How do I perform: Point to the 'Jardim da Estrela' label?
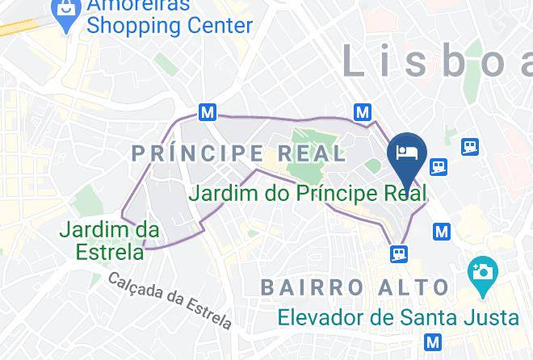pyautogui.click(x=109, y=241)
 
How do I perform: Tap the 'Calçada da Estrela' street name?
pyautogui.click(x=170, y=299)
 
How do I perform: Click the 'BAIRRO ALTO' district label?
pyautogui.click(x=355, y=287)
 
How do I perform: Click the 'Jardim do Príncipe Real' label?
pyautogui.click(x=307, y=194)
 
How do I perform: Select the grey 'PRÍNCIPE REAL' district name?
pyautogui.click(x=239, y=153)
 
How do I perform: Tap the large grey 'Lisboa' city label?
pyautogui.click(x=436, y=61)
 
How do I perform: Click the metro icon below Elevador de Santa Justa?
pyautogui.click(x=434, y=341)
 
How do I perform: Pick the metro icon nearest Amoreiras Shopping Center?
pyautogui.click(x=208, y=112)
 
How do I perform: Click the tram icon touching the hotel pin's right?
pyautogui.click(x=439, y=165)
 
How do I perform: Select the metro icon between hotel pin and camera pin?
pyautogui.click(x=441, y=232)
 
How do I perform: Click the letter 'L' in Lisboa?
pyautogui.click(x=354, y=61)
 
